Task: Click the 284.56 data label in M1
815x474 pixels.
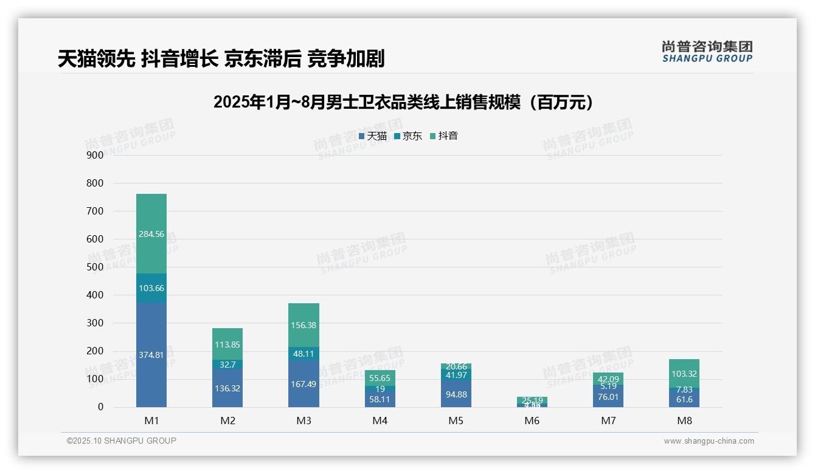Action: point(151,234)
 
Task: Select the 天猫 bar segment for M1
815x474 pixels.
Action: point(151,355)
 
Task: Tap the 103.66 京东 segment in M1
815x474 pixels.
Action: point(151,288)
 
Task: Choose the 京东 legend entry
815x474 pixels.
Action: point(407,136)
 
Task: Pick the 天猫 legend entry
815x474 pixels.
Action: point(372,136)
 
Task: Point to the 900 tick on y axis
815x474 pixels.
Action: point(94,155)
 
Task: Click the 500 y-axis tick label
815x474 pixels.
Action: point(94,267)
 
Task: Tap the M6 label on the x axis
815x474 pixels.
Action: point(532,421)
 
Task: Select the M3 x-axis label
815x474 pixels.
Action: point(303,421)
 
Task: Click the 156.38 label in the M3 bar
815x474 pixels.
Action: point(303,325)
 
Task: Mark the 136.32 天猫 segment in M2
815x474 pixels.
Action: point(227,388)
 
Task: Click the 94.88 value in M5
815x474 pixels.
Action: point(456,394)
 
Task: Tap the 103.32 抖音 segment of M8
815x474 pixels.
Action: point(684,373)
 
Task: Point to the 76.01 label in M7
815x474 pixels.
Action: point(608,397)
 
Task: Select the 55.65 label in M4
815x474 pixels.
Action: point(380,378)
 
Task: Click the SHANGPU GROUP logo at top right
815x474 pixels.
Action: point(707,52)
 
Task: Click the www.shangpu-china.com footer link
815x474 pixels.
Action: point(709,441)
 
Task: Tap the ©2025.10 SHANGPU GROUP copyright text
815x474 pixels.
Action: point(122,441)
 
